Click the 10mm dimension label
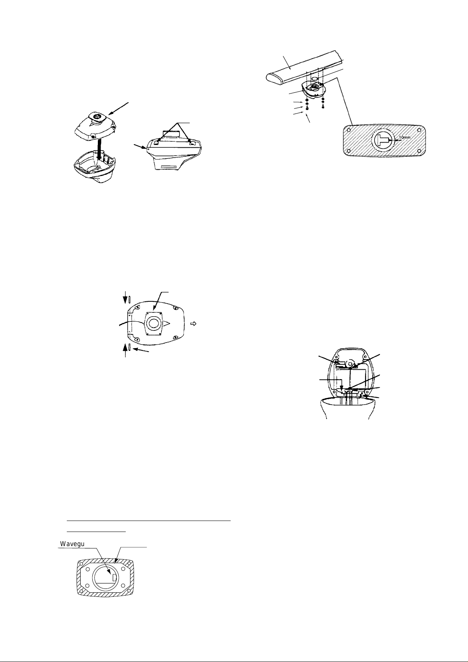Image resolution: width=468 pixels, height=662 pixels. tap(404, 138)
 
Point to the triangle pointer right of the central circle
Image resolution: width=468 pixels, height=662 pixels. tap(167, 324)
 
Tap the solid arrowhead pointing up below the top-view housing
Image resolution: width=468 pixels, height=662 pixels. tap(126, 348)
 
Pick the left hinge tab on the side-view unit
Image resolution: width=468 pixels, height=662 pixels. tap(157, 143)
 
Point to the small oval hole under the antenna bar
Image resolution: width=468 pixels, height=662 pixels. tap(314, 79)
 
